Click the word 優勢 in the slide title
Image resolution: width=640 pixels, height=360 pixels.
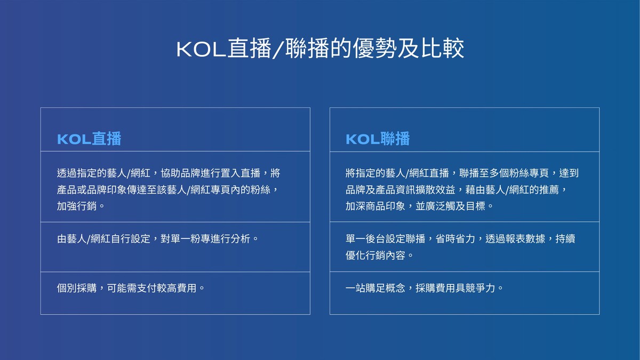(x=374, y=49)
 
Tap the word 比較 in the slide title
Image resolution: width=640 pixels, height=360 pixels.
(x=443, y=49)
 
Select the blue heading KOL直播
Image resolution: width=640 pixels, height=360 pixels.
(x=89, y=139)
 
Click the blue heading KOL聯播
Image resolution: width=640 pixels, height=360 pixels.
(x=378, y=139)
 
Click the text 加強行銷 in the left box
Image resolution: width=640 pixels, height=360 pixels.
(x=77, y=206)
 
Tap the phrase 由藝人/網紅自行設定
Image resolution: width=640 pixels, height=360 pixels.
(x=103, y=238)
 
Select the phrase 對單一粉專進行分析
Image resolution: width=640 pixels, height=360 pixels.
(x=205, y=238)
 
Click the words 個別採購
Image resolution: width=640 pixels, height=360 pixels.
(x=77, y=288)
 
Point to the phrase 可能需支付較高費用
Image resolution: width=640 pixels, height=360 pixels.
(x=151, y=288)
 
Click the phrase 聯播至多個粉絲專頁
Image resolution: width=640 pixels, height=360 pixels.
(x=504, y=173)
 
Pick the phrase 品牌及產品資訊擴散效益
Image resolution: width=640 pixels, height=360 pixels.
(x=401, y=190)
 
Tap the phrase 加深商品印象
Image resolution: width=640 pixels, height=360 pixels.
(x=375, y=206)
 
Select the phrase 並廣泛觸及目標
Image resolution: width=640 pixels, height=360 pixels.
(x=450, y=206)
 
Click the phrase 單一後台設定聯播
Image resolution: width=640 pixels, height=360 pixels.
(x=386, y=238)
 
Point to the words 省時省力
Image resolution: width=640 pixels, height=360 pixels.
(x=455, y=238)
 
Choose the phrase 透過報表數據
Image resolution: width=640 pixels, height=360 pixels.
(x=515, y=238)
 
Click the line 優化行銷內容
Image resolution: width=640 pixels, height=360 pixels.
(x=375, y=255)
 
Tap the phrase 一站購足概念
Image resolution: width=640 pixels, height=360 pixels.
(x=375, y=288)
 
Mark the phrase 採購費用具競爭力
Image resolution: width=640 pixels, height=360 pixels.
(x=455, y=288)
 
